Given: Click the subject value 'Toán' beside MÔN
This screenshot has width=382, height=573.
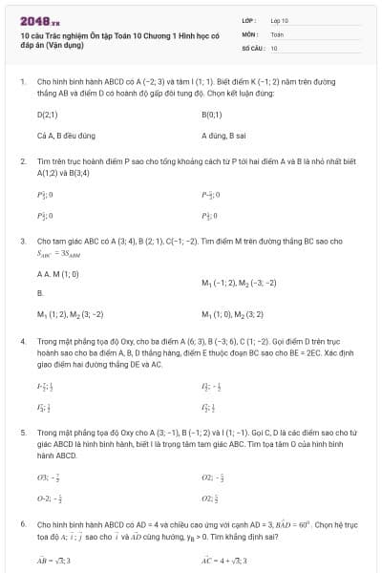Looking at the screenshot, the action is pyautogui.click(x=277, y=33).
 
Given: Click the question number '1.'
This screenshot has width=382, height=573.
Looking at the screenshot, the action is pyautogui.click(x=22, y=82).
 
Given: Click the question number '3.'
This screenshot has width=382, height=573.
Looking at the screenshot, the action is pyautogui.click(x=22, y=242).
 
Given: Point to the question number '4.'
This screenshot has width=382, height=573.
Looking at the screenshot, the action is pyautogui.click(x=22, y=339).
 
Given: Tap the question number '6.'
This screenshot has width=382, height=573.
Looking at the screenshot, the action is pyautogui.click(x=22, y=524).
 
